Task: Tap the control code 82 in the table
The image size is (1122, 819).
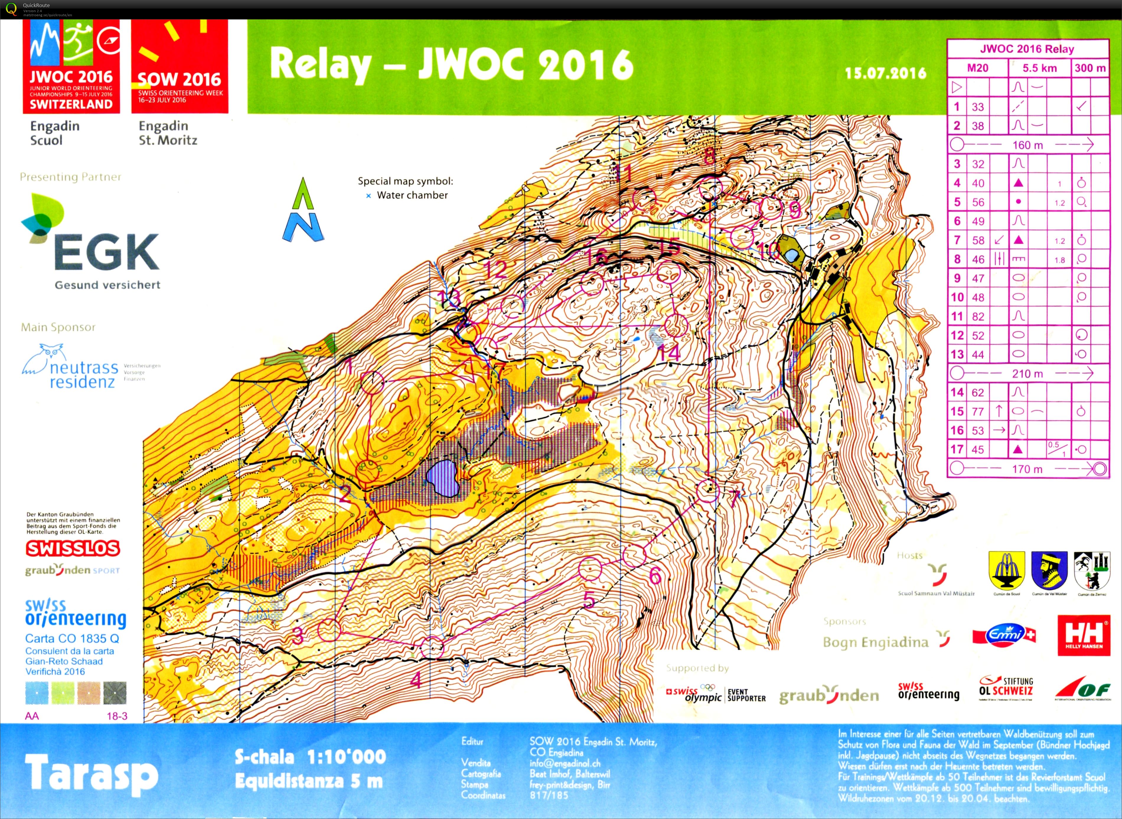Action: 978,316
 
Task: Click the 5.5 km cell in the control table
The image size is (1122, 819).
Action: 1039,68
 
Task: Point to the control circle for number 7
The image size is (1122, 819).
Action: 707,490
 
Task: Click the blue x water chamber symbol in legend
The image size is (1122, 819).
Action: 368,196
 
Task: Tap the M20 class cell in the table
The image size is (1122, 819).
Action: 977,68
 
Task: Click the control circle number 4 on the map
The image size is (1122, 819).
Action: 432,647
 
